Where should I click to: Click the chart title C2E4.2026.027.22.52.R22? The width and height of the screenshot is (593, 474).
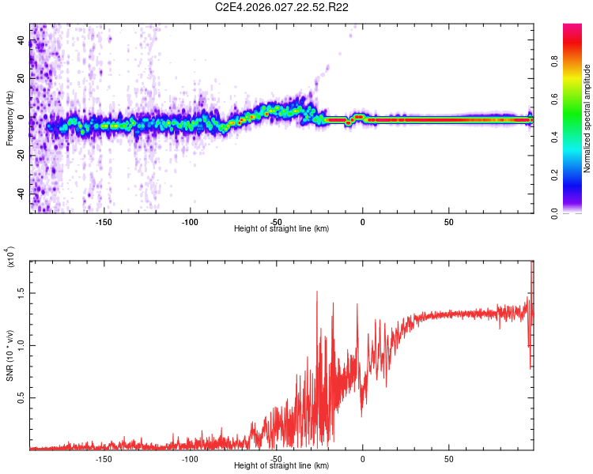point(282,7)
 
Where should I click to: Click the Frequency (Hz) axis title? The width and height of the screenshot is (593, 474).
point(9,118)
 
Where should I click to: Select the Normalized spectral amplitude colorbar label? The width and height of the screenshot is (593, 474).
point(587,118)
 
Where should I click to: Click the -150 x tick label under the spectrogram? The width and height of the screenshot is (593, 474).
point(104,221)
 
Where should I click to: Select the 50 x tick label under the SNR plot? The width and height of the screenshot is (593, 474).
point(448,458)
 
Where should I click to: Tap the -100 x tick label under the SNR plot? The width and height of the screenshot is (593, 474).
point(190,458)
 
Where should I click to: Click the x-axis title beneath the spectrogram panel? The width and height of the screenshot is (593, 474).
point(281,229)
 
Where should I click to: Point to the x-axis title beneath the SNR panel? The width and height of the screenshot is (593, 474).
point(281,466)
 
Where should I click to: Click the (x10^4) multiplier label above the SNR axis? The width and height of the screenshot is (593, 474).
point(11,258)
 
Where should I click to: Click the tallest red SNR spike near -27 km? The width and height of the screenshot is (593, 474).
point(317,292)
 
